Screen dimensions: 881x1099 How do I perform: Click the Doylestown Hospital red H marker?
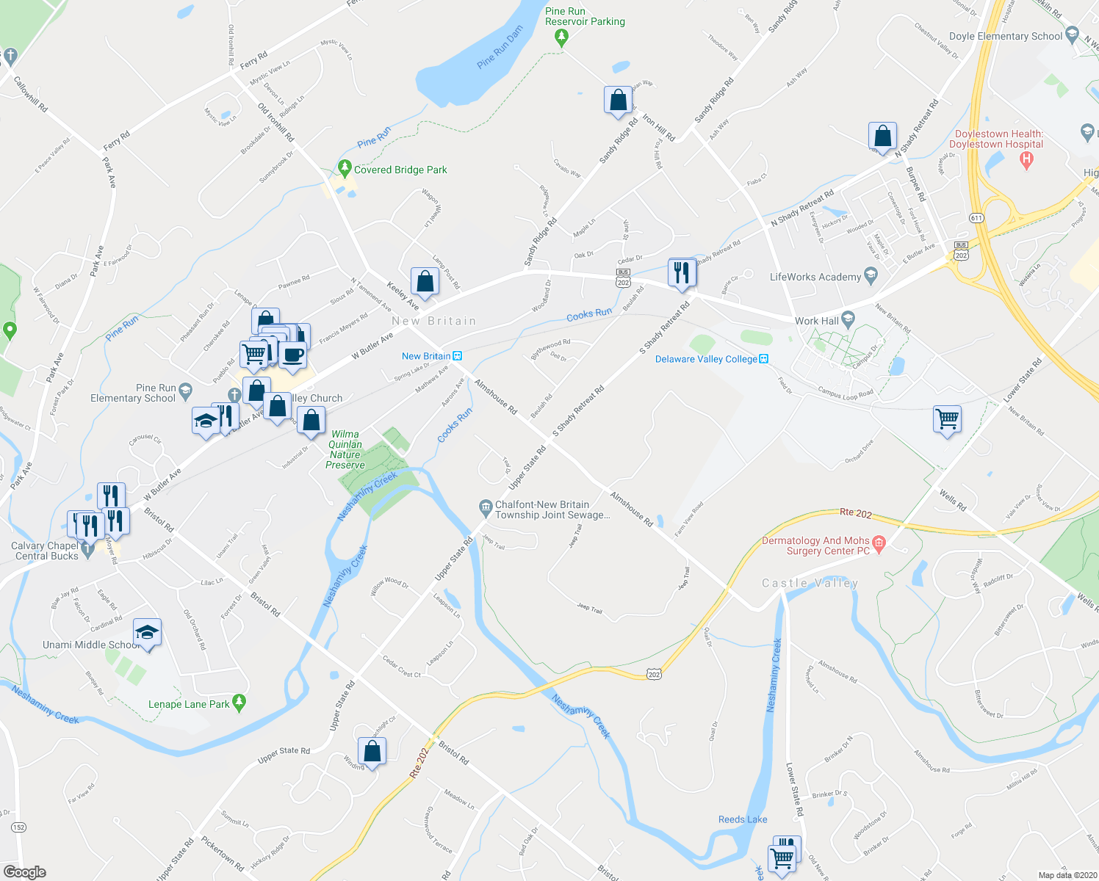tap(1027, 162)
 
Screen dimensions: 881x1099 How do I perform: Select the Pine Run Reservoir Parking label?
tap(585, 16)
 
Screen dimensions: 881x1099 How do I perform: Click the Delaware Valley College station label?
tap(706, 359)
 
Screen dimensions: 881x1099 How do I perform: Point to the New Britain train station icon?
tap(458, 356)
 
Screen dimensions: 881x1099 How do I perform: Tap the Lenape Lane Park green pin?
tap(239, 703)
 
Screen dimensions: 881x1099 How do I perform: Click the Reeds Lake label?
tap(743, 819)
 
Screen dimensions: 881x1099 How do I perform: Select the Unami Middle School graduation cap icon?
tap(147, 633)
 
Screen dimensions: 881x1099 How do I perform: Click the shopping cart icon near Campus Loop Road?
tap(948, 420)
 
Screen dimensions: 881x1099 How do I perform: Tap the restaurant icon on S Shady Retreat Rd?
tap(682, 272)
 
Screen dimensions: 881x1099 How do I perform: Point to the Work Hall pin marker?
tap(848, 319)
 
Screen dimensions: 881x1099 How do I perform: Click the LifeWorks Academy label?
tap(815, 277)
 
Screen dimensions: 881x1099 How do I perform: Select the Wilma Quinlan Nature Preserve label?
tap(345, 449)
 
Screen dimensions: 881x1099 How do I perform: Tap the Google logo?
tap(24, 872)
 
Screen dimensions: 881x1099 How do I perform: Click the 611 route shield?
tap(976, 218)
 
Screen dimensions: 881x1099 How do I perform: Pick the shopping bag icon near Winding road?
tap(372, 752)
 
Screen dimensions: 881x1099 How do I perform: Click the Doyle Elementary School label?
tap(1005, 36)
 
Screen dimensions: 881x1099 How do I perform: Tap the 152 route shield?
tap(19, 827)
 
